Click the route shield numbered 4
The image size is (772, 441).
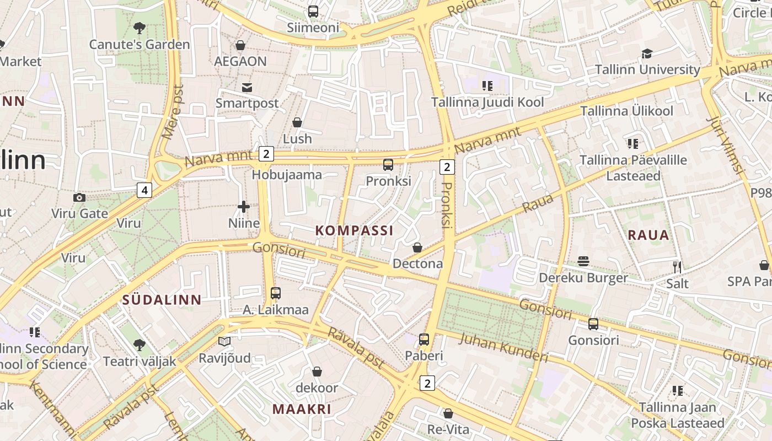click(144, 191)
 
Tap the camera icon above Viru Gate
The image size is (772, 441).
click(79, 197)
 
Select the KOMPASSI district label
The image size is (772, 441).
click(355, 230)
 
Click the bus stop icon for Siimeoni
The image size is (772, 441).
click(313, 11)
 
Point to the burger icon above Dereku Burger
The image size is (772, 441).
click(583, 261)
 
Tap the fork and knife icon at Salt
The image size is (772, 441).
click(677, 267)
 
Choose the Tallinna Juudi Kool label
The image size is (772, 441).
click(487, 102)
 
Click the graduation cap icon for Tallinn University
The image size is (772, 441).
click(647, 53)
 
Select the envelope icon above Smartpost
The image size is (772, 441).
click(246, 87)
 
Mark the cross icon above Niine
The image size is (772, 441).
click(243, 207)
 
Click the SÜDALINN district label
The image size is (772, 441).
click(162, 300)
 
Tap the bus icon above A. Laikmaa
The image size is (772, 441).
click(276, 293)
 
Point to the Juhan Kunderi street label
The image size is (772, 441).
click(503, 348)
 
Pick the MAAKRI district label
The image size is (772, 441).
click(302, 409)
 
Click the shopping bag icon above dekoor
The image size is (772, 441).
click(317, 372)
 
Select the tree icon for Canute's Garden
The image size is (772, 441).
click(140, 28)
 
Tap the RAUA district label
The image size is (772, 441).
click(648, 235)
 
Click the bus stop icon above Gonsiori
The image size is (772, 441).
click(593, 324)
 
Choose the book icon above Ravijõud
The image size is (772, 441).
click(224, 342)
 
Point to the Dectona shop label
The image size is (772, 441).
click(417, 263)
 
